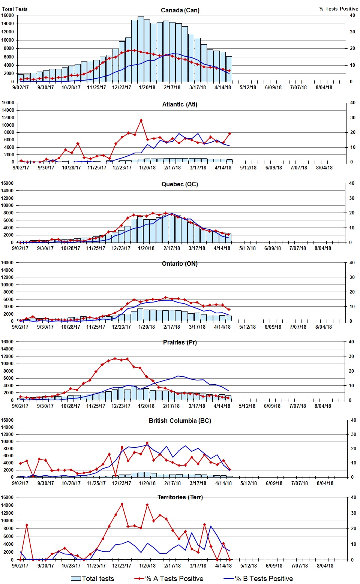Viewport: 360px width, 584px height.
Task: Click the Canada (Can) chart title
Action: click(180, 10)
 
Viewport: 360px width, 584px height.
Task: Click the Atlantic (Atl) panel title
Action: click(180, 104)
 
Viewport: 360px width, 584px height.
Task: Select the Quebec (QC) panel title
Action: click(180, 184)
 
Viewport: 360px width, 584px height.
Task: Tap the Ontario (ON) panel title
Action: click(180, 264)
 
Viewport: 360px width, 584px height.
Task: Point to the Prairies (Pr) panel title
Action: click(180, 342)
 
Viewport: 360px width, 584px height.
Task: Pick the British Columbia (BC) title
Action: click(180, 421)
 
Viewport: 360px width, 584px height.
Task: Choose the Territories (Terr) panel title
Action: click(180, 497)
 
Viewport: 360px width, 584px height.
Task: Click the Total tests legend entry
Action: click(93, 578)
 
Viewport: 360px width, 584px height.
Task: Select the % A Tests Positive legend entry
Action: click(169, 578)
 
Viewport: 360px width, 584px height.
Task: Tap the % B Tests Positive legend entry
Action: click(258, 578)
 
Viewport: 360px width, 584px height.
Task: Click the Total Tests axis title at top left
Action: click(14, 9)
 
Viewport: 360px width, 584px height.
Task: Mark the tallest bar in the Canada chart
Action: click(141, 49)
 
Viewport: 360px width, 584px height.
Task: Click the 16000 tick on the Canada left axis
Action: click(7, 15)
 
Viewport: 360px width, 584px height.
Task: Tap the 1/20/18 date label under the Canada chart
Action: click(147, 87)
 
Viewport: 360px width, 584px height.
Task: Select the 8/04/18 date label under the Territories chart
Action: click(325, 566)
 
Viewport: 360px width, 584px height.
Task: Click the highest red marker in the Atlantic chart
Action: click(141, 120)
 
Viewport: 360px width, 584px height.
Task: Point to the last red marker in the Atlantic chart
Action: click(229, 133)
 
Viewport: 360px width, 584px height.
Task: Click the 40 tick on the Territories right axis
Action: click(352, 497)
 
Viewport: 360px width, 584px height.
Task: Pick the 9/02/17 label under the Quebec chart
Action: click(20, 248)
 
